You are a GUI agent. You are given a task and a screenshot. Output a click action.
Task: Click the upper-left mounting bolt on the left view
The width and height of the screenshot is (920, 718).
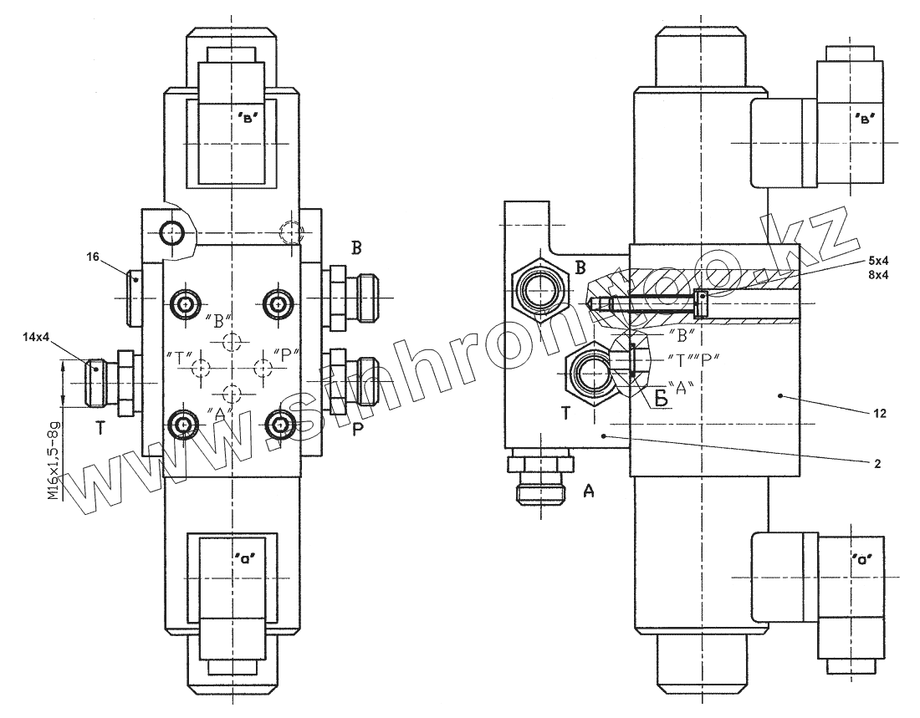[184, 303]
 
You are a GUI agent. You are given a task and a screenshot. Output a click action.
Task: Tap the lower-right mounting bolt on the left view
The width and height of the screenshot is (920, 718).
[279, 426]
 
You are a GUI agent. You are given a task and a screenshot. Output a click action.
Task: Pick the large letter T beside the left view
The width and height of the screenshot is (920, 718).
[100, 429]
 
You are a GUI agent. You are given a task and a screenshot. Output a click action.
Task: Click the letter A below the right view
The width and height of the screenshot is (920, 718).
[589, 491]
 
